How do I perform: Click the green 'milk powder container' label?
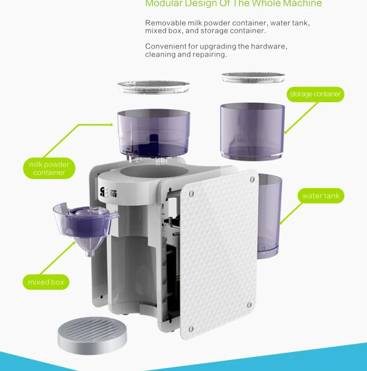pos(49,168)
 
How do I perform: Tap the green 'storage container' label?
pos(315,94)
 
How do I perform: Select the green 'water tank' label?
pos(321,196)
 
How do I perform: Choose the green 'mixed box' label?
pos(46,282)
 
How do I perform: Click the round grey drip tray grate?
pos(92,333)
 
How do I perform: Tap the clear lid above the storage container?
pos(253,78)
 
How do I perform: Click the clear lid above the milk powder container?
pos(153,87)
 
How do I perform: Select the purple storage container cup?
pos(252,131)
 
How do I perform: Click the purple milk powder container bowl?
pos(153,133)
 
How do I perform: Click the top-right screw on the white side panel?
pos(252,179)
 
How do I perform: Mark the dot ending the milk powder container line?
pos(112,125)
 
